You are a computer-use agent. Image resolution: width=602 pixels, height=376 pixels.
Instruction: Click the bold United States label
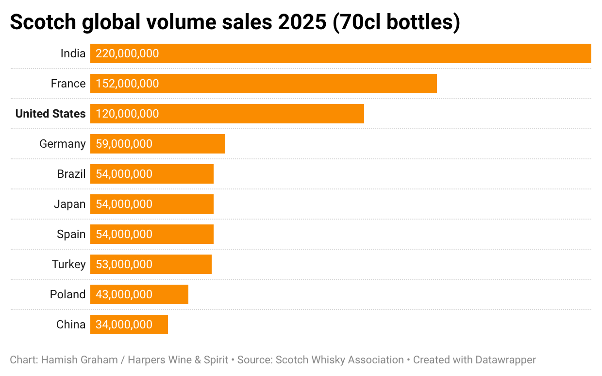(50, 114)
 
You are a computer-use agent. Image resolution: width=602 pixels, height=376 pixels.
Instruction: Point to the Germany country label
(63, 144)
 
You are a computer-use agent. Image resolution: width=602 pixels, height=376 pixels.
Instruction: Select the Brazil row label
(71, 174)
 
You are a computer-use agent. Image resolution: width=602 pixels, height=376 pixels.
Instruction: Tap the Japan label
(70, 204)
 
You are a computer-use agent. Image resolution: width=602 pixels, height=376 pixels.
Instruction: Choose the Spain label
(71, 234)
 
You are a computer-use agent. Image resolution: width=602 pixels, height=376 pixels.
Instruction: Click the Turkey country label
(69, 264)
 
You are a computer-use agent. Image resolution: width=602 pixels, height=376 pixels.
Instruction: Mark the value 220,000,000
(127, 53)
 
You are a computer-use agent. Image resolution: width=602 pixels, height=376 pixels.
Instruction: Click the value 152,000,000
(127, 84)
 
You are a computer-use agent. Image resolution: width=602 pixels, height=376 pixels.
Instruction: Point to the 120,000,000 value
(127, 114)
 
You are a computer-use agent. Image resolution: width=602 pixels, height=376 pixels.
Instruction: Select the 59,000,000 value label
(124, 144)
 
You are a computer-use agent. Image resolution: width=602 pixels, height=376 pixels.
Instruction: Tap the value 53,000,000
(124, 264)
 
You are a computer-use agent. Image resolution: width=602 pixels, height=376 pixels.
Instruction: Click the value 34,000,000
(124, 325)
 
